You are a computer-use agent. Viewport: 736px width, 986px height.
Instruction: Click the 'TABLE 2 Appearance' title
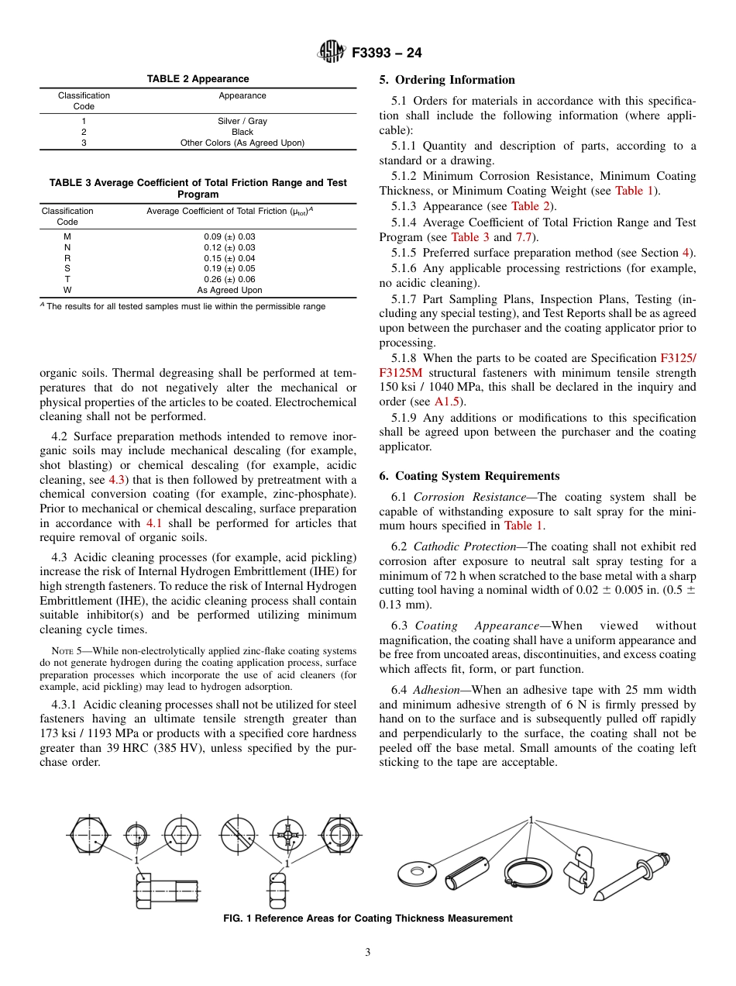coord(198,79)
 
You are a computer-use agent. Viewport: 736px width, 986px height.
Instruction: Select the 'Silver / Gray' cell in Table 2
coord(242,121)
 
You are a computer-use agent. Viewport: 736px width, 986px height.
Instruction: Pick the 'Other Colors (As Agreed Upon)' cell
coord(242,143)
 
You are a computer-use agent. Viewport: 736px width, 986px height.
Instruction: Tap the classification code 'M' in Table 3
coord(67,236)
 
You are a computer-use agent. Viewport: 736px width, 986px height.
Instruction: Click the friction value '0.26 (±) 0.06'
coord(229,279)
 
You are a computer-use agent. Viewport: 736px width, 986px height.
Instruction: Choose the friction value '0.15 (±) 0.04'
coord(229,258)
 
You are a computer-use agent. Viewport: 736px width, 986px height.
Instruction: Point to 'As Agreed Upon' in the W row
coord(229,290)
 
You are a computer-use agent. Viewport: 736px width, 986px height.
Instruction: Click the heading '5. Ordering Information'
coord(447,80)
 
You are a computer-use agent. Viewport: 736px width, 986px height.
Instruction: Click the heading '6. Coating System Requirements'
coord(469,476)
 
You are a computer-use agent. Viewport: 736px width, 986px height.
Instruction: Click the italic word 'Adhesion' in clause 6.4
coord(436,690)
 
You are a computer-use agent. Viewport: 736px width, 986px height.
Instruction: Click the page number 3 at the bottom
coord(368,953)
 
